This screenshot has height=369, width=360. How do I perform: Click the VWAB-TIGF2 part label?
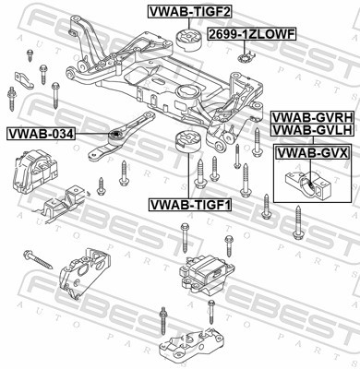point(189,12)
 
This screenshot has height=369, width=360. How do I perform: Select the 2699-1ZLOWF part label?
point(252,34)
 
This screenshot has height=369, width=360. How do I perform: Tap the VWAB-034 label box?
point(41,134)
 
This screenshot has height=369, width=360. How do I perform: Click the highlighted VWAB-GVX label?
point(313,152)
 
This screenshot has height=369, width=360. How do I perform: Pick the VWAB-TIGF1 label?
point(190,205)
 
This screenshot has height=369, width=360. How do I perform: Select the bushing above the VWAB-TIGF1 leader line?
point(187,142)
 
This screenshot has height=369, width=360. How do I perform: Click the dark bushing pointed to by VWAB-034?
point(114,136)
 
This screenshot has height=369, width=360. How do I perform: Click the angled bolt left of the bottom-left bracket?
point(38,259)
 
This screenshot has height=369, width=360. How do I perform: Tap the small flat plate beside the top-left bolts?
point(24,80)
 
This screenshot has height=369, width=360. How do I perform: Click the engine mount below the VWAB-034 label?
point(34,173)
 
